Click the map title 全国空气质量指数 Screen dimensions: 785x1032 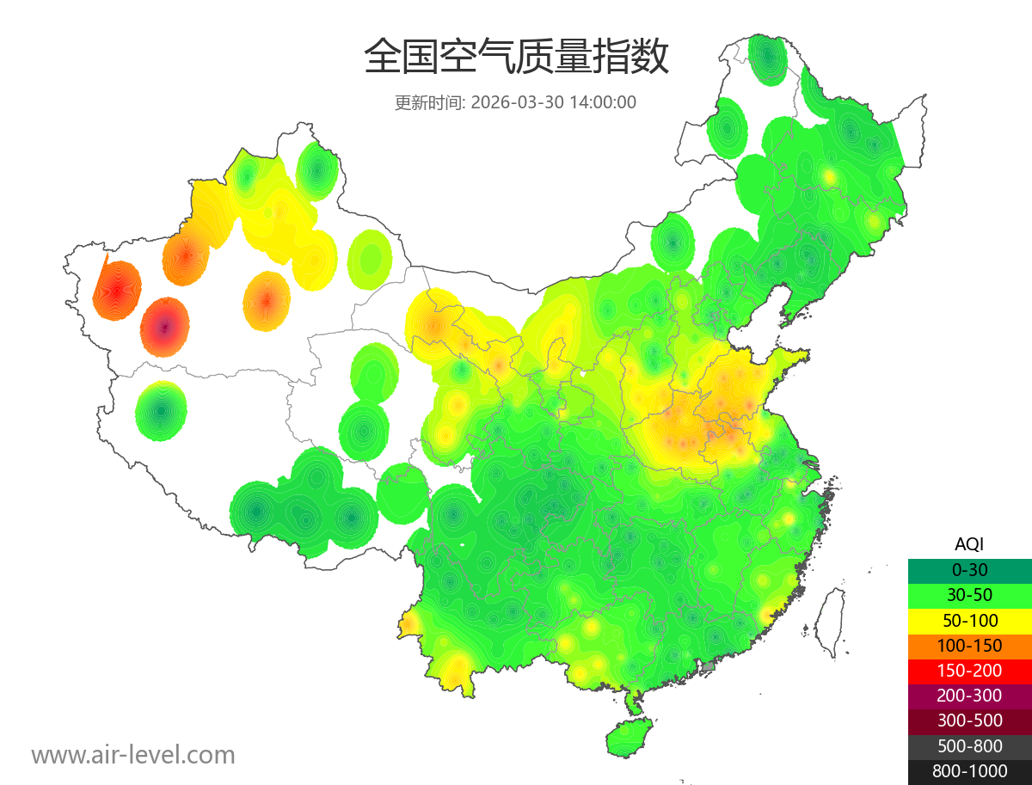point(516,58)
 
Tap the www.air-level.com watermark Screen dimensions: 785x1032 point(133,755)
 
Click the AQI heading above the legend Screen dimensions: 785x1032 point(969,543)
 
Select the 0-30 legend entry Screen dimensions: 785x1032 point(969,569)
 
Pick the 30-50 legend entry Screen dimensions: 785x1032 point(969,594)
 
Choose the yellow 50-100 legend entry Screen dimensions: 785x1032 point(969,619)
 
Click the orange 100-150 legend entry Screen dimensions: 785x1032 point(969,645)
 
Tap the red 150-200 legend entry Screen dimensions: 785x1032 point(969,670)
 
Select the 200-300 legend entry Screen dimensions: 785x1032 point(969,695)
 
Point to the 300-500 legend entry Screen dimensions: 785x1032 point(969,721)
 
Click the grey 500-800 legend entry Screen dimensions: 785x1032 point(969,745)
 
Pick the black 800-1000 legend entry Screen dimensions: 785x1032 point(969,771)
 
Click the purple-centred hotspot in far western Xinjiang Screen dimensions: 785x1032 point(165,327)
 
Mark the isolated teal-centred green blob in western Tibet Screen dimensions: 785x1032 point(161,411)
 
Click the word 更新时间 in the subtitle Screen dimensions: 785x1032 point(428,102)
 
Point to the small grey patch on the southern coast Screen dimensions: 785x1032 point(708,665)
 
